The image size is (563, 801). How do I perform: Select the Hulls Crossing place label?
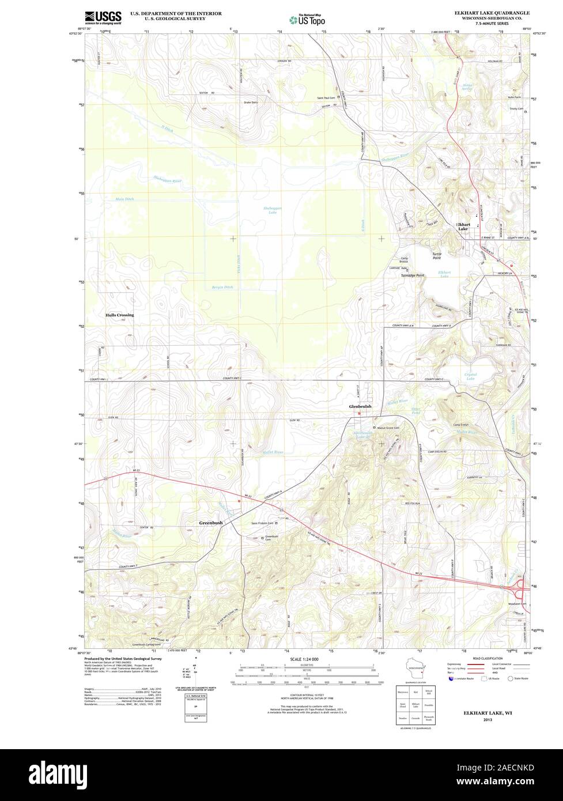[119, 315]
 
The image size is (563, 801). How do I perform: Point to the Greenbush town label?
[211, 523]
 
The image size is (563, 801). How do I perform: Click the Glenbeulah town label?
[360, 407]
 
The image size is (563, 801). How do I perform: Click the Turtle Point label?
[441, 256]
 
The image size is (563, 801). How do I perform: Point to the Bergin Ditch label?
[222, 287]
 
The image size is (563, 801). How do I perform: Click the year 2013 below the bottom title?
[488, 720]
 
